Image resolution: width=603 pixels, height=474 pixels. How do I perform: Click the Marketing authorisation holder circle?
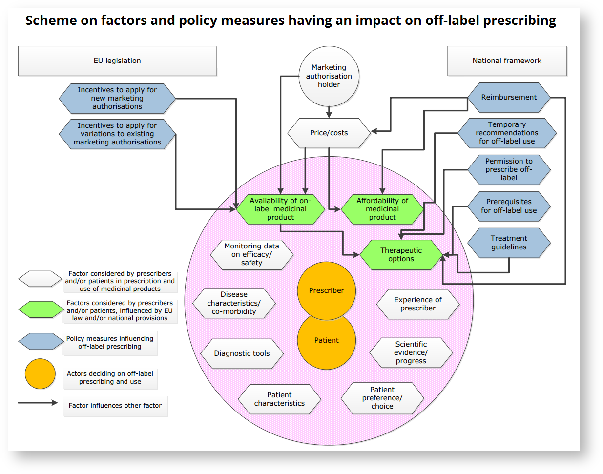coord(329,76)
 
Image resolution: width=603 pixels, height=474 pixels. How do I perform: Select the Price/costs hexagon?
coord(329,133)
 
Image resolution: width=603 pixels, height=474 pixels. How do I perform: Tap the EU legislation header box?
coord(117,61)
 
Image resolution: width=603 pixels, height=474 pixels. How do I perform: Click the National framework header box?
coord(507,61)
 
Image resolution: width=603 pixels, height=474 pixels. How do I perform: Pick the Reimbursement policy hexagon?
coord(509,97)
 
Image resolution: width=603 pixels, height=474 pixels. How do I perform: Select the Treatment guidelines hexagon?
coord(509,243)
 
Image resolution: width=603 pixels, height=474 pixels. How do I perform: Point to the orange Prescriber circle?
coord(326,290)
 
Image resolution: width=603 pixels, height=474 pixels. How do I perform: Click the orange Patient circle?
coord(326,341)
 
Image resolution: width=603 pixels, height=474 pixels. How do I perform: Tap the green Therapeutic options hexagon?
coord(401,254)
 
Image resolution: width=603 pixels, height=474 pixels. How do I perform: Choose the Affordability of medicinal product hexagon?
coord(382,209)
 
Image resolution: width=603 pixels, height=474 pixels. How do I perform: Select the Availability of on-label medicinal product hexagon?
coord(280,209)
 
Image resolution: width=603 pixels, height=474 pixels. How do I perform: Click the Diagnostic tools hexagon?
coord(242,353)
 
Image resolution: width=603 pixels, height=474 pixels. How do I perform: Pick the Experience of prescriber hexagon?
coord(418,304)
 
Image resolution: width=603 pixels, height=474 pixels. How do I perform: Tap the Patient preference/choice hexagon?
coord(382,398)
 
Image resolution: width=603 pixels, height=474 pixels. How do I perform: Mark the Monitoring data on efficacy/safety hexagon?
coord(251,254)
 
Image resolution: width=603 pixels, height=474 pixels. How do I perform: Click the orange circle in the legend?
coord(40,374)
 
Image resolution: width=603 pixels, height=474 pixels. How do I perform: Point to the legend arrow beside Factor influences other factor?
coord(38,403)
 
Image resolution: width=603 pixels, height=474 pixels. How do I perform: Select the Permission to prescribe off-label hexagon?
coord(509,169)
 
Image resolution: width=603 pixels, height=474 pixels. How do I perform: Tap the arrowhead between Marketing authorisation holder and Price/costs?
coord(329,115)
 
